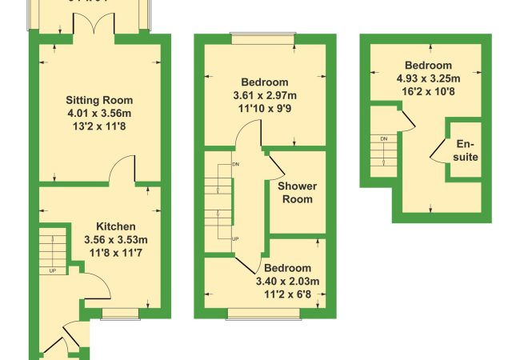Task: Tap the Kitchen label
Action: click(x=116, y=226)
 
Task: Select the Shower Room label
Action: click(x=297, y=193)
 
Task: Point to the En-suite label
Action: click(x=467, y=150)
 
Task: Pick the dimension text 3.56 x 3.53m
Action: click(x=116, y=239)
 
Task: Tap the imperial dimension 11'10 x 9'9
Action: click(x=264, y=108)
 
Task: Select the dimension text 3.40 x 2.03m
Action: click(x=287, y=281)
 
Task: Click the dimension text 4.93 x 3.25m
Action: click(x=428, y=78)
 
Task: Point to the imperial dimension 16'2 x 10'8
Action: click(x=428, y=91)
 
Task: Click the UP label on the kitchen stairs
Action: click(x=53, y=270)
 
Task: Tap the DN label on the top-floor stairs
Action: click(x=384, y=139)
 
